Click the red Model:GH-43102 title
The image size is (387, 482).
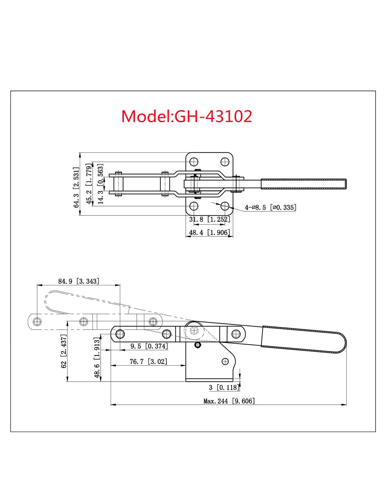[186, 116]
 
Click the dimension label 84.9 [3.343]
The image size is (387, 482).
[79, 281]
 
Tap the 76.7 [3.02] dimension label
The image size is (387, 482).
[148, 362]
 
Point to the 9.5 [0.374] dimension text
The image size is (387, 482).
[149, 346]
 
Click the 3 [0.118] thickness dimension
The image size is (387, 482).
[224, 388]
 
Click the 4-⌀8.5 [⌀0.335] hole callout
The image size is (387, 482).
[270, 207]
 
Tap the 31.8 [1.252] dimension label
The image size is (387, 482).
[209, 219]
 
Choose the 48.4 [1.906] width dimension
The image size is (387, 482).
[209, 233]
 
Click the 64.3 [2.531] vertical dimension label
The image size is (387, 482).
[76, 187]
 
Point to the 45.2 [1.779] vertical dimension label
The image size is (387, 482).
[89, 184]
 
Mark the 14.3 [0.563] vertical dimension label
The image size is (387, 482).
[101, 184]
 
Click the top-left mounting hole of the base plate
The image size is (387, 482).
[194, 162]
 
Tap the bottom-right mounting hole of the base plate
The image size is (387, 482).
[225, 206]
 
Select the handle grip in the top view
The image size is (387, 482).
[303, 184]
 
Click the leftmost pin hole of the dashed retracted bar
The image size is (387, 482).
[37, 322]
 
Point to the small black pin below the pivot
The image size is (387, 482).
[198, 345]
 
